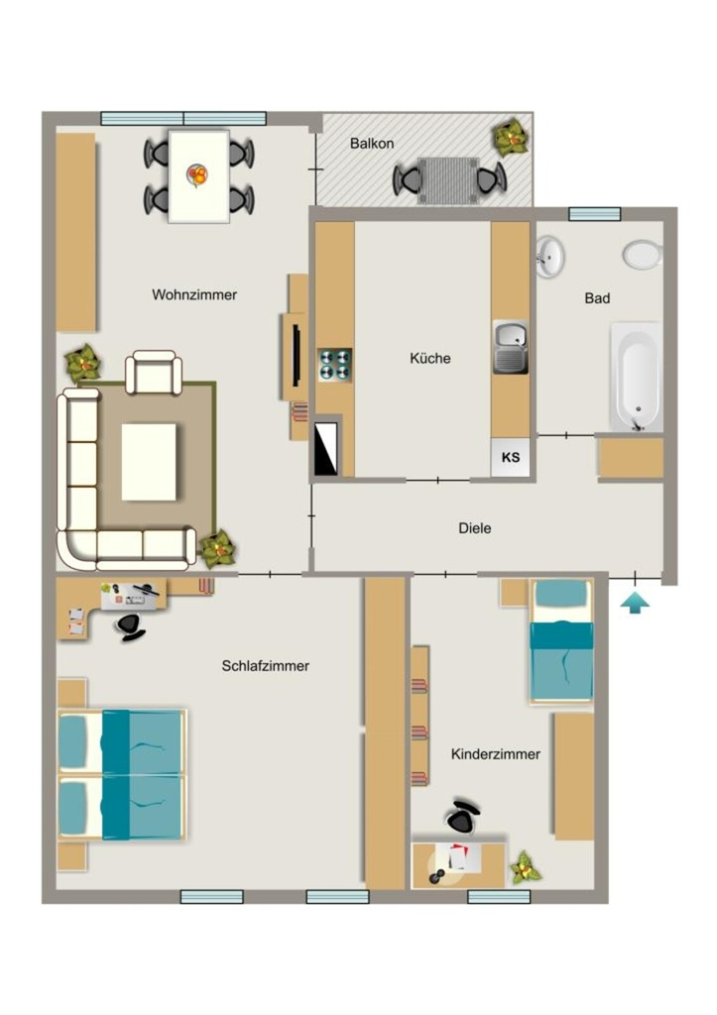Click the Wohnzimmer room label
(194, 294)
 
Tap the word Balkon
(372, 143)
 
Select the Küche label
(430, 358)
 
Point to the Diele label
(475, 528)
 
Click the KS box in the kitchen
(511, 457)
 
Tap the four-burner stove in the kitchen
(335, 365)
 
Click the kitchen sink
(511, 347)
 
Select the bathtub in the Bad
(637, 378)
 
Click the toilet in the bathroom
(643, 255)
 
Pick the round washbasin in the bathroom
(549, 257)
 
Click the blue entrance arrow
(635, 604)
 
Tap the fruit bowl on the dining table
(197, 174)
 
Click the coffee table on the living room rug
(149, 462)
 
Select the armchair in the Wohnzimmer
(154, 373)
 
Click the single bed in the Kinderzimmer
(561, 641)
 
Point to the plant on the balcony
(512, 137)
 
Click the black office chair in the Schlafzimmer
(130, 625)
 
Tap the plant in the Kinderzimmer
(525, 868)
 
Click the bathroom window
(595, 214)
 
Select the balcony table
(447, 180)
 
